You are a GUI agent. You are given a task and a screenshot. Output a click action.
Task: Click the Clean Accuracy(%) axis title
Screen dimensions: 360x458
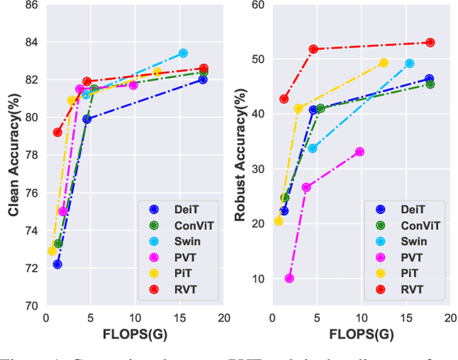[x=12, y=155]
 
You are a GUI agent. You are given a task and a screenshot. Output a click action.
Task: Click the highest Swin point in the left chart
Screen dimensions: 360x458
[x=183, y=53]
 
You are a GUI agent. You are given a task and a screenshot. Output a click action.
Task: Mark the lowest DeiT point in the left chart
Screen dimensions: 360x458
[x=57, y=264]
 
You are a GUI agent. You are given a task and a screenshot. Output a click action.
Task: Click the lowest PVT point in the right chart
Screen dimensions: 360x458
[x=289, y=278]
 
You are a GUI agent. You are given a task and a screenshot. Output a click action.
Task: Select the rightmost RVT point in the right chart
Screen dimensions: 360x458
[x=430, y=42]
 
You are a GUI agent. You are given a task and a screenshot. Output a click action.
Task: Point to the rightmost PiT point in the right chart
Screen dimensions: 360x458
[x=384, y=62]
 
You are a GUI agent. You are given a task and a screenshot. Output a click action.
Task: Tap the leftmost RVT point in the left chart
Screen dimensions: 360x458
[x=57, y=132]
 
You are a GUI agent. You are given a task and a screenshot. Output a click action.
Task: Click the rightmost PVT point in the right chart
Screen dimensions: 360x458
[x=359, y=152]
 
